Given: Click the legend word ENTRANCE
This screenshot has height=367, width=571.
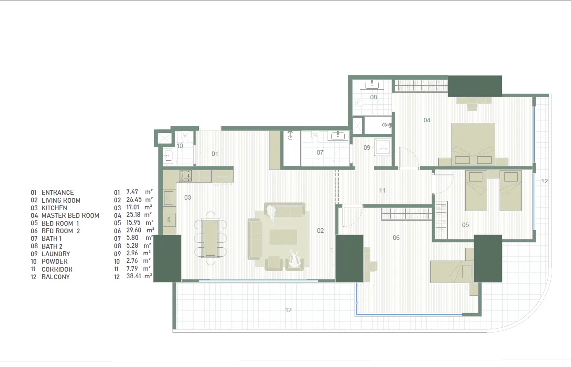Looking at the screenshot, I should point(57,193).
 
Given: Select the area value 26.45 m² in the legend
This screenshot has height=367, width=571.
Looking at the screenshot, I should point(139,200).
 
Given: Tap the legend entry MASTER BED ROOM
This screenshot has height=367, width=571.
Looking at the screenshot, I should point(70,216).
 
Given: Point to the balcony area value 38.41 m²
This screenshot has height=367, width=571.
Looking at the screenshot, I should point(139,277).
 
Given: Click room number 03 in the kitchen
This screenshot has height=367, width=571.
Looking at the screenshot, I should point(188,197).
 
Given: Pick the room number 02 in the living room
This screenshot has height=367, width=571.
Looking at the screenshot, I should point(320,231).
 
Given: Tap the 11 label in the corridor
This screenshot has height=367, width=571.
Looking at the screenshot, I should point(382,190).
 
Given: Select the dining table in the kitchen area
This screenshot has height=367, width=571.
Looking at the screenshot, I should point(210,238).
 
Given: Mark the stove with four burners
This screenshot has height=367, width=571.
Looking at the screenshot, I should point(186,176).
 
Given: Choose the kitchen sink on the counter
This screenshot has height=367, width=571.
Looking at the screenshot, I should point(169,198).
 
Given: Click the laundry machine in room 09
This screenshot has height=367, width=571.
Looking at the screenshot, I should point(382,148).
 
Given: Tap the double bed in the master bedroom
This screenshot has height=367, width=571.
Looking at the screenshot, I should point(473,144).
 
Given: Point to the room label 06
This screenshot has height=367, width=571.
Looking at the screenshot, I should point(396,238).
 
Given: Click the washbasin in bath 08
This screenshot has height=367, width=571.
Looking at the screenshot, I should point(373,84).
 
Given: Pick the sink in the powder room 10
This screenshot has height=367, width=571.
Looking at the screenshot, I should point(168,155).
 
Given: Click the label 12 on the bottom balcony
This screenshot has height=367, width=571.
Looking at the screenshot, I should point(288,310).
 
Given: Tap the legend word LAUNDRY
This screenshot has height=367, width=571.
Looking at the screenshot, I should point(56,254).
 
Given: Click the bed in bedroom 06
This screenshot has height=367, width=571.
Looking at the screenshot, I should point(452,270).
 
